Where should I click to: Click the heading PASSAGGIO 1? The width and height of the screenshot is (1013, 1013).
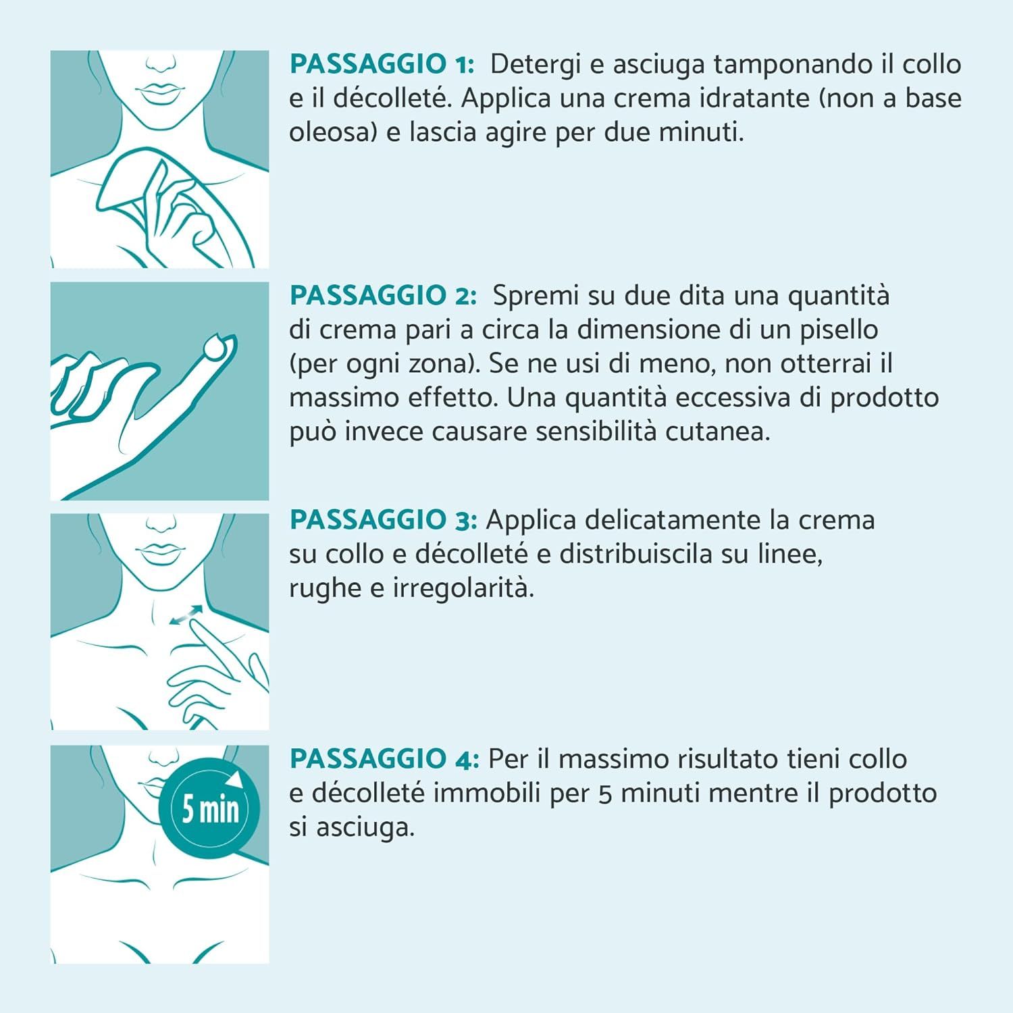click(x=382, y=65)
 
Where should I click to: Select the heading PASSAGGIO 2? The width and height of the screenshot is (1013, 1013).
click(x=383, y=296)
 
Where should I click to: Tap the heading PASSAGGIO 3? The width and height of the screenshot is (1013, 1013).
click(x=383, y=520)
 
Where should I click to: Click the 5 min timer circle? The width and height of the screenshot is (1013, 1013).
click(x=209, y=807)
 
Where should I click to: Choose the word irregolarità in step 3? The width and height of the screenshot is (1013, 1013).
click(x=463, y=589)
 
